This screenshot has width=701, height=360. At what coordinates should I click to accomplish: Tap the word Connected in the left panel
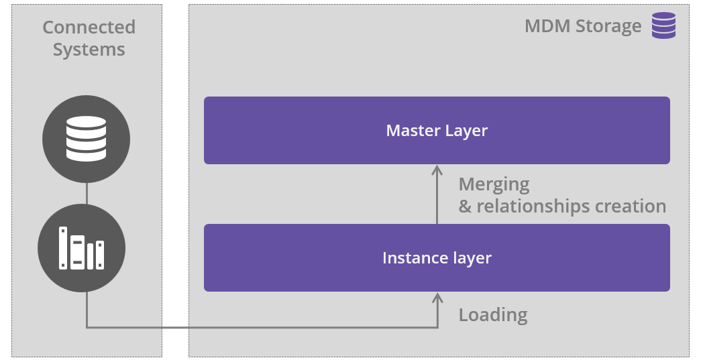point(89,27)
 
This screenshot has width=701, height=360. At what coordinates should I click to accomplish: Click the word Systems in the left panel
point(89,50)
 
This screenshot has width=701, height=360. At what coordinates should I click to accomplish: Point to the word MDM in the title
point(546,27)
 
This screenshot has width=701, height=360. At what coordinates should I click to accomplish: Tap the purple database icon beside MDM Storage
point(663,25)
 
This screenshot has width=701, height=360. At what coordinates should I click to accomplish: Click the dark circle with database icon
point(86,139)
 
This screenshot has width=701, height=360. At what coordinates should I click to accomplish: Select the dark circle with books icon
point(81,247)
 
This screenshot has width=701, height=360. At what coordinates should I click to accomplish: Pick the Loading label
point(492,314)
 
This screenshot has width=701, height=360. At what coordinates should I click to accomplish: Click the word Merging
point(494,184)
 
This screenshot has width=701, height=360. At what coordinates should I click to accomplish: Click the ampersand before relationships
point(465,206)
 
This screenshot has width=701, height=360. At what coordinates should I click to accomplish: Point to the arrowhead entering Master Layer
point(437,170)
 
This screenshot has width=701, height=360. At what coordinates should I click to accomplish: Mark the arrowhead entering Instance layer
point(437,297)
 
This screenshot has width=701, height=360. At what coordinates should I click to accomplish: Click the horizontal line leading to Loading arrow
point(262,328)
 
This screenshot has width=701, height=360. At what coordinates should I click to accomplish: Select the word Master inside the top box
point(411,130)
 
